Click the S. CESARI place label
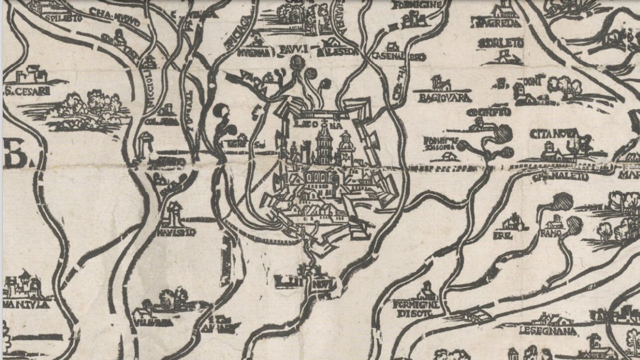click(x=28, y=91)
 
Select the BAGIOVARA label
click(x=446, y=98)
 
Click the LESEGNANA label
click(x=548, y=331)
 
